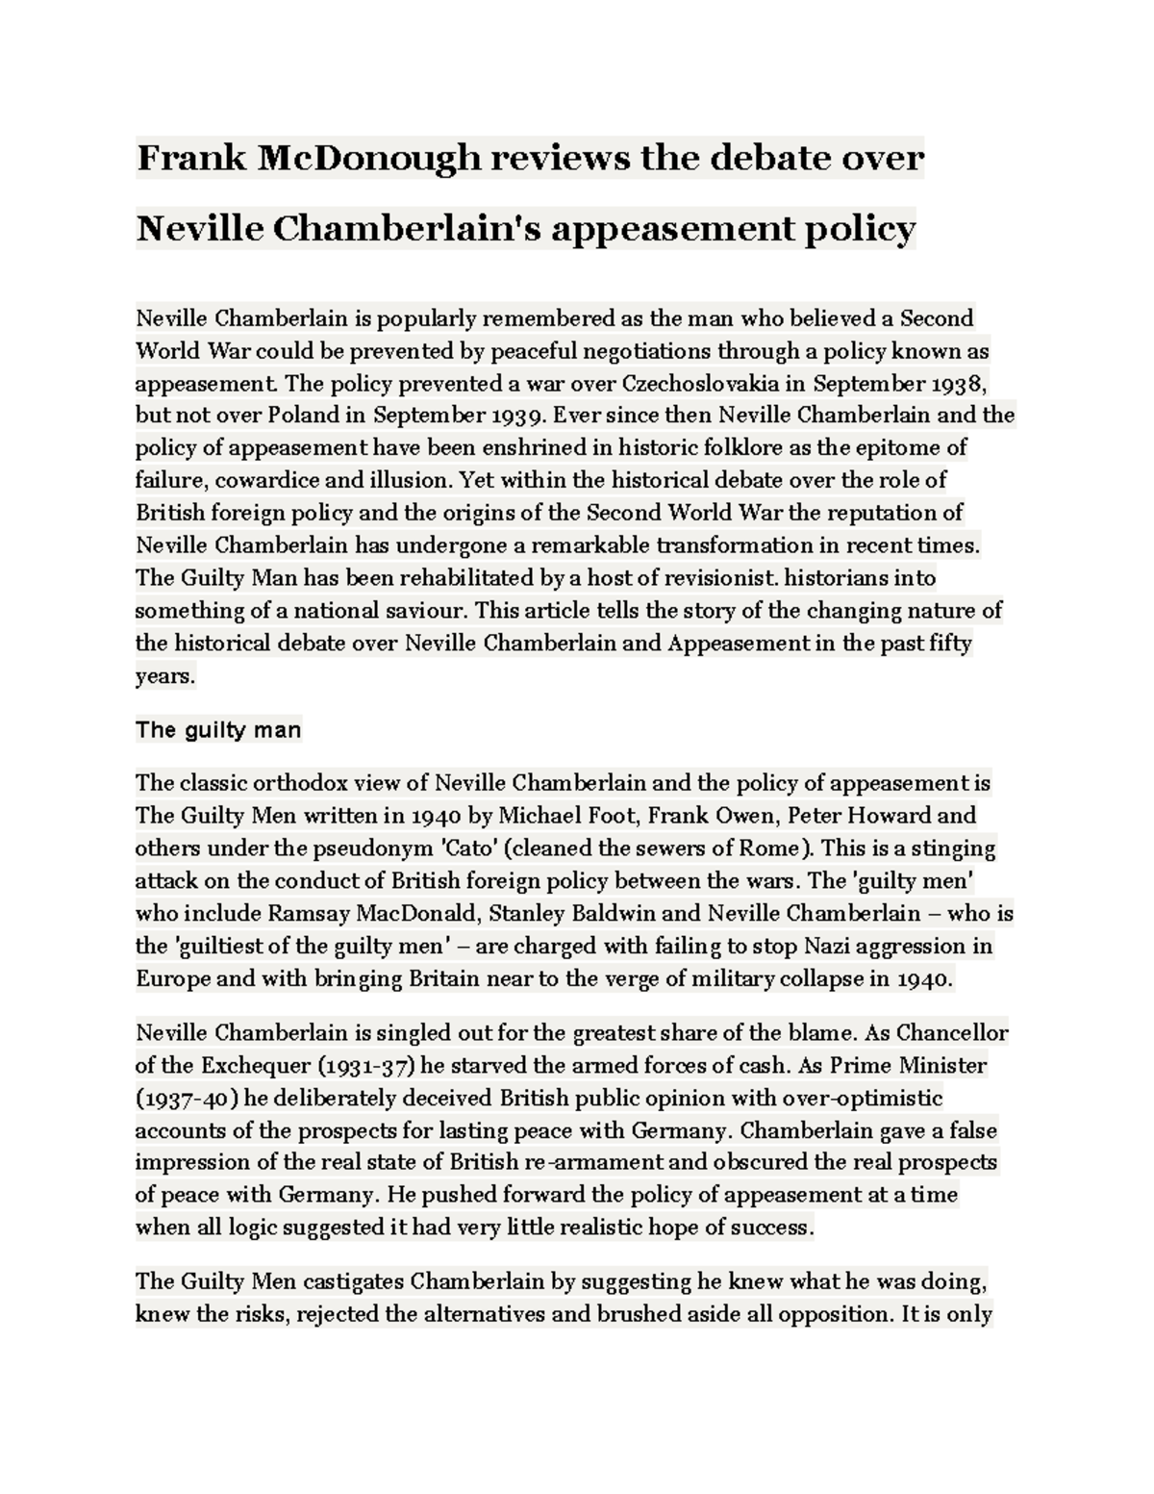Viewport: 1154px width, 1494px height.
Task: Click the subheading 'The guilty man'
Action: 218,730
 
